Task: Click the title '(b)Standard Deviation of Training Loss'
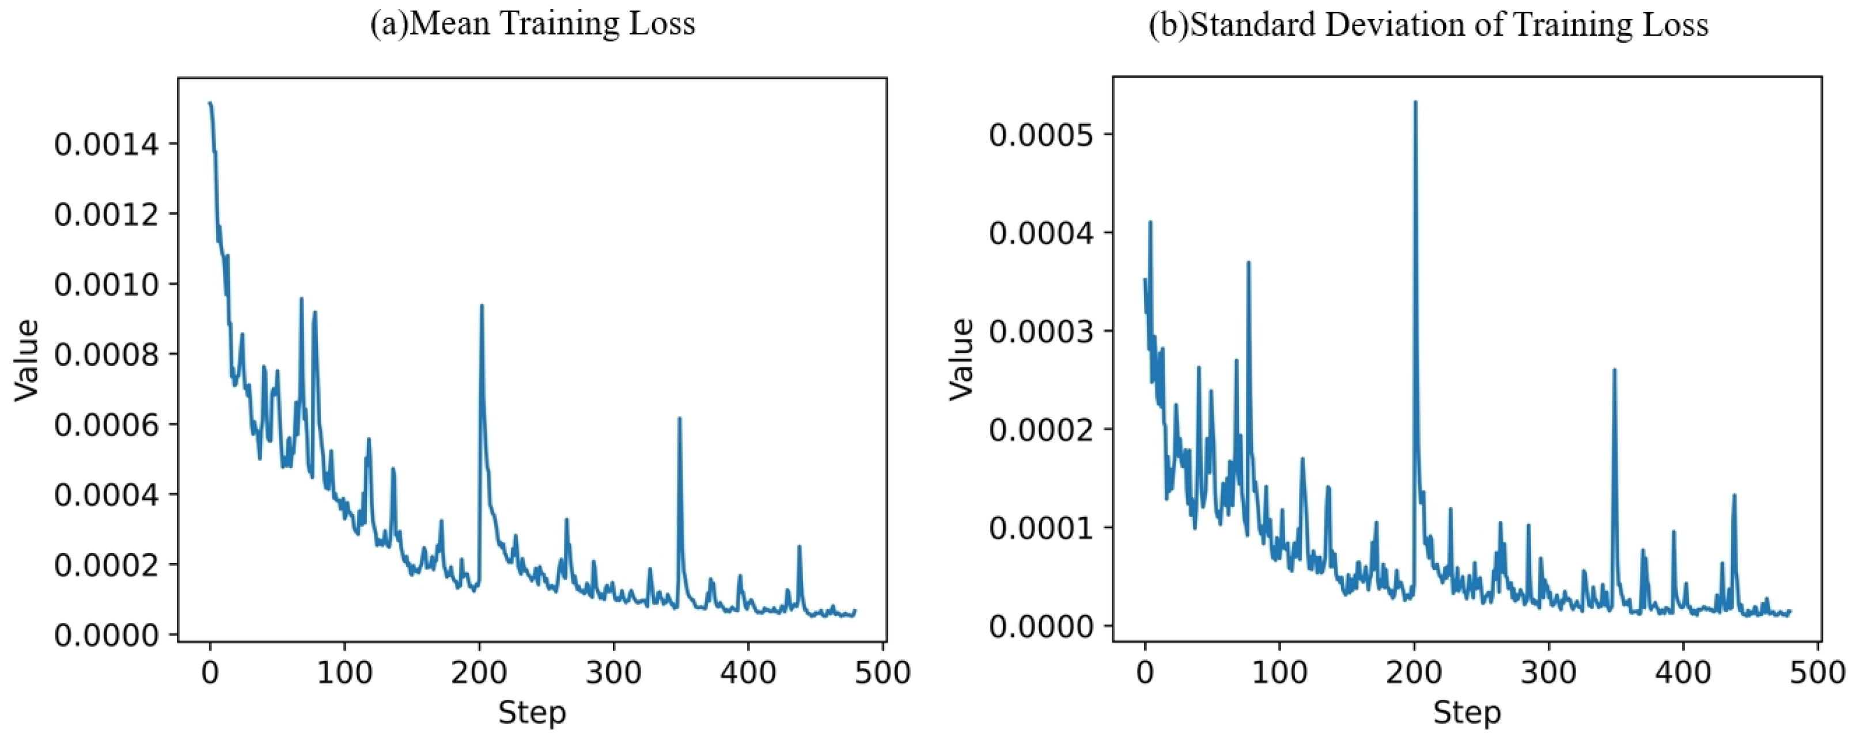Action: [1428, 25]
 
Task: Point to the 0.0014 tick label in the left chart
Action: [106, 145]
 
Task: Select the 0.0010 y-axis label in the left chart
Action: [106, 285]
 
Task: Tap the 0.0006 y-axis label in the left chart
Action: [106, 425]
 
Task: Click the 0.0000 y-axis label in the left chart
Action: [106, 635]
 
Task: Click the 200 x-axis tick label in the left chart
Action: [479, 673]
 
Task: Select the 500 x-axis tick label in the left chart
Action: [882, 673]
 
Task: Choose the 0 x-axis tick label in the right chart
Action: [1144, 673]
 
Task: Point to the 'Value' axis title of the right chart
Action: [961, 359]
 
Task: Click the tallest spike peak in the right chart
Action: [1415, 103]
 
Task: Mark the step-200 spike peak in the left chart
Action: [482, 305]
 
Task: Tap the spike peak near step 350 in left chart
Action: [679, 418]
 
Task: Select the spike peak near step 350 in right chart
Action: [1614, 369]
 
